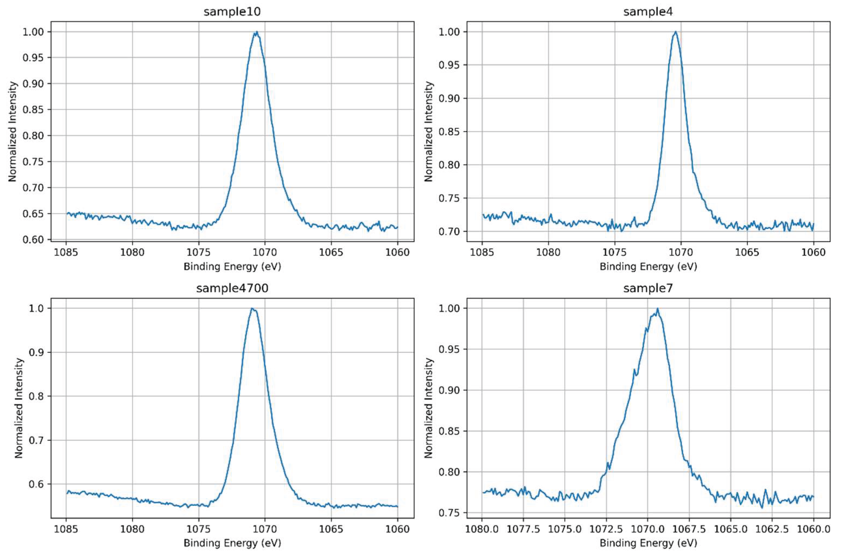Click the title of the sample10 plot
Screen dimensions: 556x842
[232, 12]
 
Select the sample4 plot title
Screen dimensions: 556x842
[648, 12]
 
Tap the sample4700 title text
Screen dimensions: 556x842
[232, 288]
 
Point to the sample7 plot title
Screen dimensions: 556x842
[648, 288]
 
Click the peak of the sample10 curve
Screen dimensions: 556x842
[256, 32]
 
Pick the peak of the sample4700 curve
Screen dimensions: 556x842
[252, 308]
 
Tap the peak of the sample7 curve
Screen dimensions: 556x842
[658, 308]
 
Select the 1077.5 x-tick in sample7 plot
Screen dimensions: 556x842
[524, 529]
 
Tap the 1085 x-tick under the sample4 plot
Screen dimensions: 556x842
[482, 253]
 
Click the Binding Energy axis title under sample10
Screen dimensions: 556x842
[232, 267]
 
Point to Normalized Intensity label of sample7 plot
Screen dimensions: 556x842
[429, 408]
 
